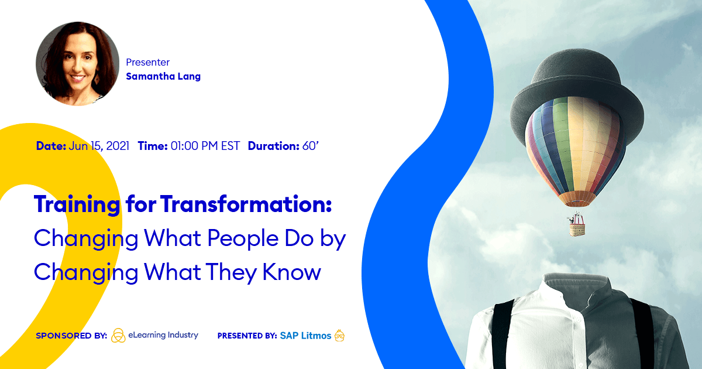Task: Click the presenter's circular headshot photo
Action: pos(77,64)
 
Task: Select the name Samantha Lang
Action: pos(163,76)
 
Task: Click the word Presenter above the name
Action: pos(147,62)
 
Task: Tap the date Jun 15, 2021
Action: pos(99,146)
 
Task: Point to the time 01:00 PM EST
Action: pos(205,146)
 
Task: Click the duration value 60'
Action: pos(310,146)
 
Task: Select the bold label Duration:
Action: pos(273,146)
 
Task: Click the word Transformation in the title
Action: pos(246,204)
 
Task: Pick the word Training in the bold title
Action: pos(77,204)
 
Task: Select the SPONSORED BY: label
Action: pos(71,336)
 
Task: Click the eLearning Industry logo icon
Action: pos(118,335)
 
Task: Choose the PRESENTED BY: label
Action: pos(247,336)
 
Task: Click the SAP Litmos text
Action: pos(305,336)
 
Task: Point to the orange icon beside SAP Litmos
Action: pos(339,336)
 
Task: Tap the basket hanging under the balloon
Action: pos(577,225)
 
